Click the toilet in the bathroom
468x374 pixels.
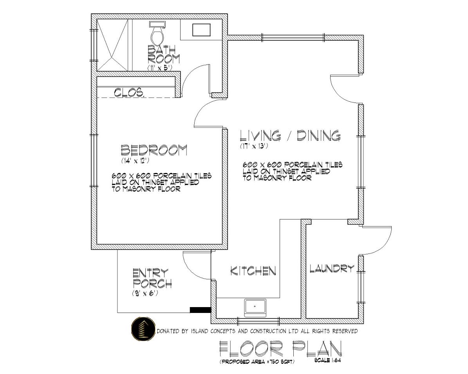[x=157, y=33]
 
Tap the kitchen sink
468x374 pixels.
[x=255, y=308]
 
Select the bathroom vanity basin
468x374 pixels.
[x=202, y=30]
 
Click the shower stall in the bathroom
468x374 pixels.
[x=113, y=45]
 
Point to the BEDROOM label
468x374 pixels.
[x=154, y=150]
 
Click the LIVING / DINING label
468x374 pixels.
[x=291, y=135]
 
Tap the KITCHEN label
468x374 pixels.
[x=253, y=271]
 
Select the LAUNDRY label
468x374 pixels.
[x=332, y=269]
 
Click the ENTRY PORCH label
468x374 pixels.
[x=152, y=278]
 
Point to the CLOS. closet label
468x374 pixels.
[x=130, y=93]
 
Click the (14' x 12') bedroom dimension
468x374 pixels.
[x=135, y=160]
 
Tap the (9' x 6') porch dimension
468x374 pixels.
[x=145, y=293]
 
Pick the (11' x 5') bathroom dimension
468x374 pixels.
[x=160, y=68]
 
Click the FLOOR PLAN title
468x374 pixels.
[x=280, y=349]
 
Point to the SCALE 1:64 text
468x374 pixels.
[x=328, y=360]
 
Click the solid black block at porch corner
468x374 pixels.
[x=201, y=310]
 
